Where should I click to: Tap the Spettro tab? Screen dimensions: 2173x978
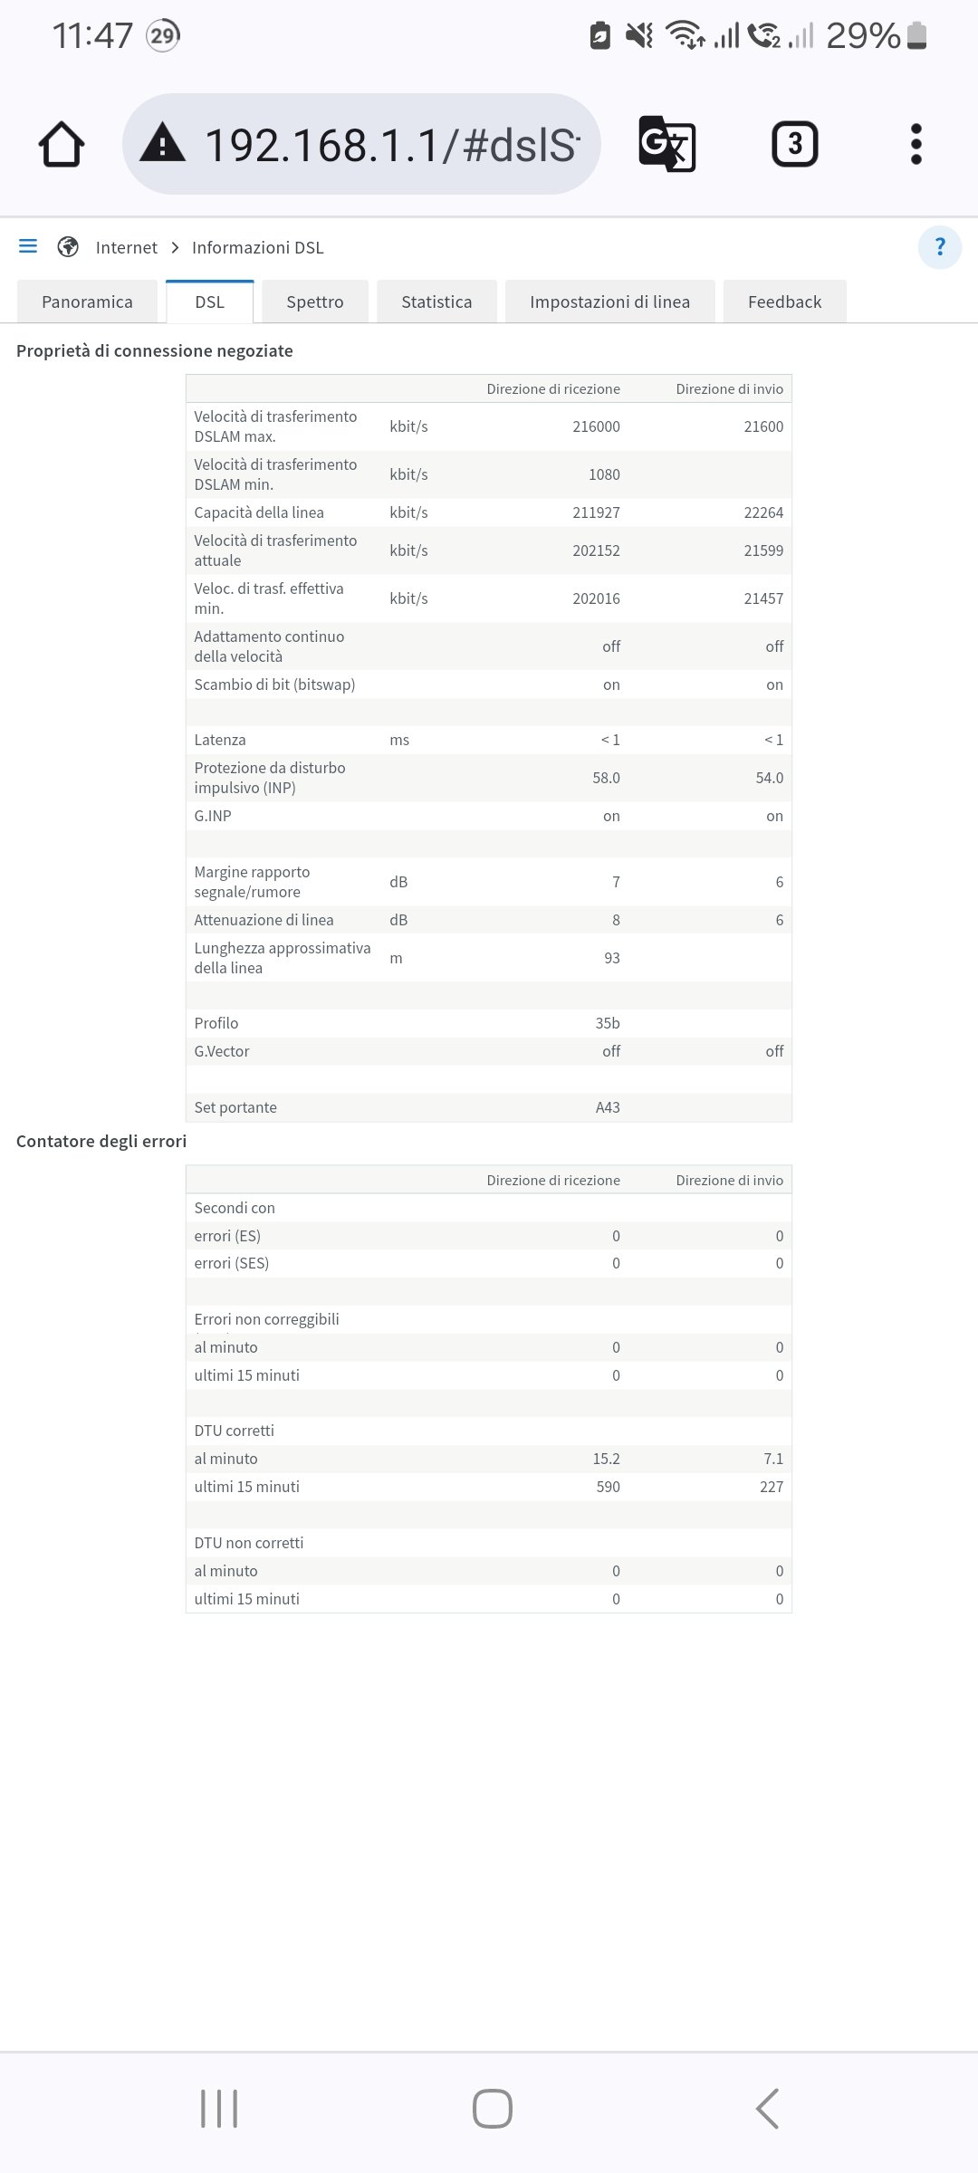pyautogui.click(x=314, y=302)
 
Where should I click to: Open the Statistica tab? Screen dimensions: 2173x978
pyautogui.click(x=436, y=302)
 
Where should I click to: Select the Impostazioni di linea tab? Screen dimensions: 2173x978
pyautogui.click(x=609, y=302)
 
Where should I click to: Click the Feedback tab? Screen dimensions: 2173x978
pyautogui.click(x=784, y=302)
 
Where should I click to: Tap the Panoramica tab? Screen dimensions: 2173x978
pyautogui.click(x=87, y=302)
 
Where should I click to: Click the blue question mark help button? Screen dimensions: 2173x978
pyautogui.click(x=939, y=247)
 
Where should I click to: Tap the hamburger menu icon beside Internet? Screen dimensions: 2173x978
pyautogui.click(x=28, y=246)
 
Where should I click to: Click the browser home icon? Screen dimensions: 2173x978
pyautogui.click(x=62, y=145)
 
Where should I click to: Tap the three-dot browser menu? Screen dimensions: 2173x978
pyautogui.click(x=916, y=145)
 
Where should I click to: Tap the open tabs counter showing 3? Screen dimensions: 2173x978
pyautogui.click(x=794, y=145)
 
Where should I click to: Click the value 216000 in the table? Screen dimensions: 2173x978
pyautogui.click(x=596, y=426)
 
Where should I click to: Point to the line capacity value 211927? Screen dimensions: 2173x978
pyautogui.click(x=596, y=512)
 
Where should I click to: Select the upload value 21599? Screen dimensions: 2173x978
pyautogui.click(x=763, y=550)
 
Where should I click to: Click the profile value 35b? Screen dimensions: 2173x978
pyautogui.click(x=608, y=1023)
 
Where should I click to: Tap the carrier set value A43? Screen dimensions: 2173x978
pyautogui.click(x=608, y=1107)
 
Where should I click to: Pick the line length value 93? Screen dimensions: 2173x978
pyautogui.click(x=612, y=958)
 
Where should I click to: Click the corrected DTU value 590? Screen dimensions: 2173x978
pyautogui.click(x=608, y=1487)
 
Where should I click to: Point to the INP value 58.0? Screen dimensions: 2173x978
pyautogui.click(x=606, y=778)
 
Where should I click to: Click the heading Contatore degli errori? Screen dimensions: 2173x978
pyautogui.click(x=101, y=1141)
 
